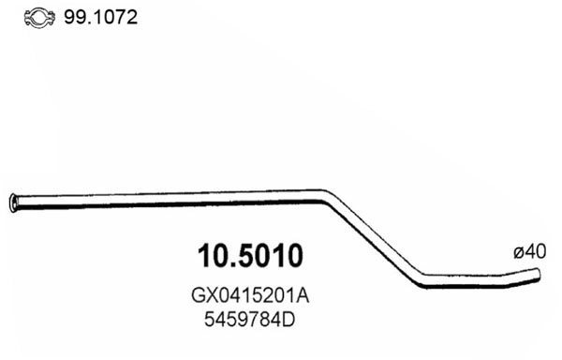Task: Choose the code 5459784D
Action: pos(250,319)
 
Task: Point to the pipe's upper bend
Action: pos(328,197)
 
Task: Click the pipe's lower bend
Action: pos(421,277)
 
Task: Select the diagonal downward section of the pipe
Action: pos(375,239)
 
